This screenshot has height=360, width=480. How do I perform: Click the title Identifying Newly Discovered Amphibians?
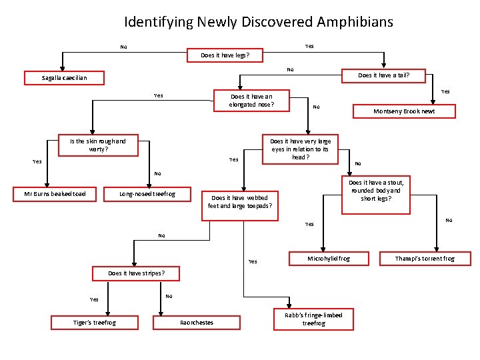coord(259,22)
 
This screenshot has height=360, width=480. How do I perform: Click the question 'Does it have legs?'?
coord(225,55)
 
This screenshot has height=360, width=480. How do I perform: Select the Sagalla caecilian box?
coord(64,78)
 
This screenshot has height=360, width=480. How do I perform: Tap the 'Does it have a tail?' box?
coord(383,75)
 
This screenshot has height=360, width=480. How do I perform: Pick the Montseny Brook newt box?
coord(404,111)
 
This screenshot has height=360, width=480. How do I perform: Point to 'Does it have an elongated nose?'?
coord(251,100)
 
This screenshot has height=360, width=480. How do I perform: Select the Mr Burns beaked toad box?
coord(55,194)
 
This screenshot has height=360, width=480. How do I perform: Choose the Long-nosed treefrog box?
coord(147,194)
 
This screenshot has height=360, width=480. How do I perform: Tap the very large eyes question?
coord(300,149)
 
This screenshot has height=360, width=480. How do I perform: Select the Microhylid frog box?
coord(328,258)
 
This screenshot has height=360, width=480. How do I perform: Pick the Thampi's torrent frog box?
coord(425,258)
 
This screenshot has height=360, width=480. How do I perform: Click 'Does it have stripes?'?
coord(135,273)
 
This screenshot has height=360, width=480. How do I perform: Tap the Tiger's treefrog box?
coord(94,323)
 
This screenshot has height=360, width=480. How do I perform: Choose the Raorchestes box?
coord(197,323)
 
